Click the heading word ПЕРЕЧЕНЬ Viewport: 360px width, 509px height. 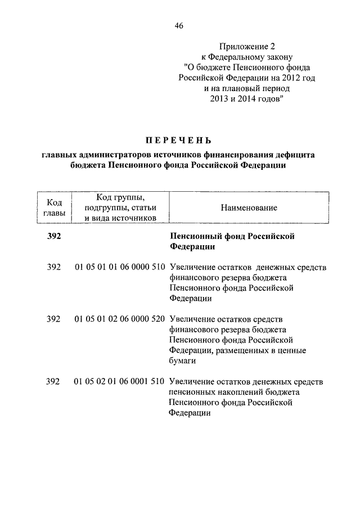click(x=179, y=139)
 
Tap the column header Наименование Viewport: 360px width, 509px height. click(x=249, y=208)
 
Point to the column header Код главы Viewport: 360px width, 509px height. click(x=53, y=208)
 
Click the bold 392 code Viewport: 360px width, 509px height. click(x=53, y=236)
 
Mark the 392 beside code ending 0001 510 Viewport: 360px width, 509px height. click(x=53, y=382)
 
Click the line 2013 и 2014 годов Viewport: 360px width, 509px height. click(x=242, y=99)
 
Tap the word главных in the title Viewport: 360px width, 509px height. click(x=61, y=155)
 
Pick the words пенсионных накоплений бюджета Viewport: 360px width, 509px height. click(x=233, y=393)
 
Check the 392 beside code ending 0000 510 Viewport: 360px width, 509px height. click(x=53, y=267)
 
